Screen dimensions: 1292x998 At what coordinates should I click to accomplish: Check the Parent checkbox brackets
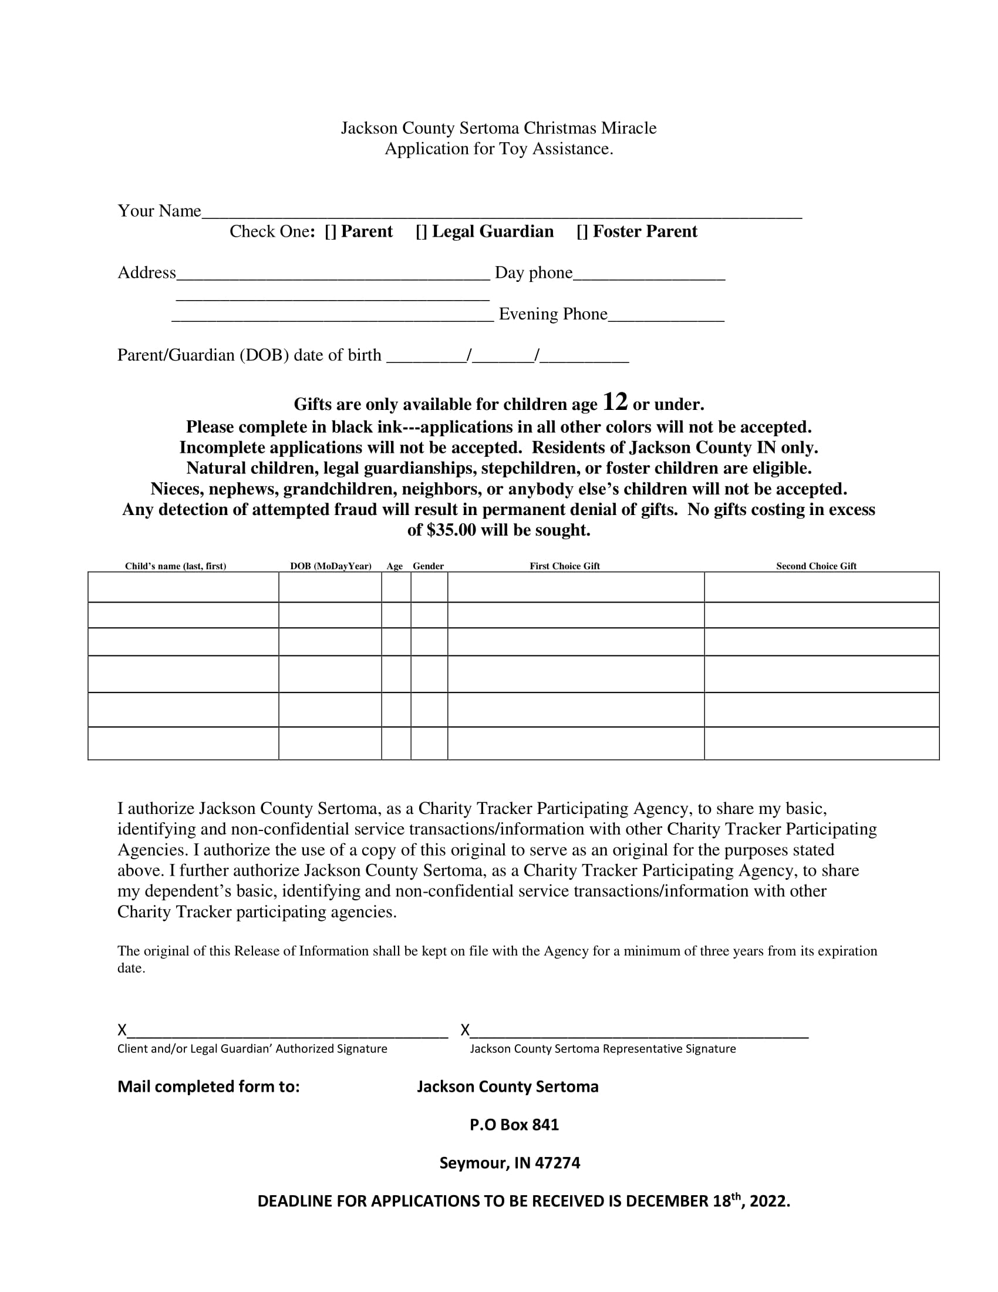[x=331, y=232]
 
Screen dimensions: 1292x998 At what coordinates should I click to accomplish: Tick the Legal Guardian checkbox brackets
[x=421, y=232]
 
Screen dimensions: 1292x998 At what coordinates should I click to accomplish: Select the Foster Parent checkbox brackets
[x=582, y=232]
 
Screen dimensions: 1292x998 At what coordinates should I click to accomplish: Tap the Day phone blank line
[x=649, y=277]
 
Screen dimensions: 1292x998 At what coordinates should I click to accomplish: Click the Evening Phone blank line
[x=666, y=318]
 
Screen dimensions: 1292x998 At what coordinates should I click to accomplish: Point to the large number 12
[x=615, y=402]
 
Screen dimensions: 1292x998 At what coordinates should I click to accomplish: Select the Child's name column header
[x=176, y=566]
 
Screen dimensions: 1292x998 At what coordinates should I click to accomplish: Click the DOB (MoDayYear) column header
[x=331, y=566]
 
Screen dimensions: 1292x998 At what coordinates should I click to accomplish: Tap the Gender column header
[x=428, y=566]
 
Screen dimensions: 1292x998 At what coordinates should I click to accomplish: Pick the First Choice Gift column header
[x=565, y=566]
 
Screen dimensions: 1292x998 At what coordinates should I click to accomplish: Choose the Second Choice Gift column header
[x=816, y=566]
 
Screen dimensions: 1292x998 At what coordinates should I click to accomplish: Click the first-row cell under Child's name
[x=183, y=587]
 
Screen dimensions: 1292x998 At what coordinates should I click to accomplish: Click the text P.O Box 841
[x=514, y=1125]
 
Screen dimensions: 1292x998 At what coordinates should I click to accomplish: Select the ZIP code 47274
[x=557, y=1163]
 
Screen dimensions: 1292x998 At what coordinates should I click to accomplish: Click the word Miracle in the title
[x=629, y=129]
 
